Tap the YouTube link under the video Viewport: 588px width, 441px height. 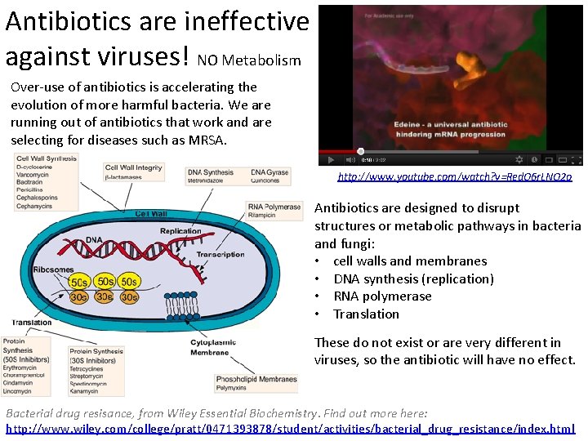[455, 176]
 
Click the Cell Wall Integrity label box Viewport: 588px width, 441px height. [134, 171]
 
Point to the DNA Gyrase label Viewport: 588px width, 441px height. [269, 176]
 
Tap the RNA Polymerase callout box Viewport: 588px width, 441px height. [274, 212]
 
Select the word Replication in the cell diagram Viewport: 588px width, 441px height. [180, 231]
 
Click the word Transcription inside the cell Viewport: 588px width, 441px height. [220, 254]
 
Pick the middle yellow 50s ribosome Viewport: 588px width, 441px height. [105, 282]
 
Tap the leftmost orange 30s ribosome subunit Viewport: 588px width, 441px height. [79, 297]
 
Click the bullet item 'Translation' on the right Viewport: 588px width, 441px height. [366, 314]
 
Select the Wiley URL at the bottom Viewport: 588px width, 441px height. [290, 429]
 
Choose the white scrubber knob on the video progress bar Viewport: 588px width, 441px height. [360, 151]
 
